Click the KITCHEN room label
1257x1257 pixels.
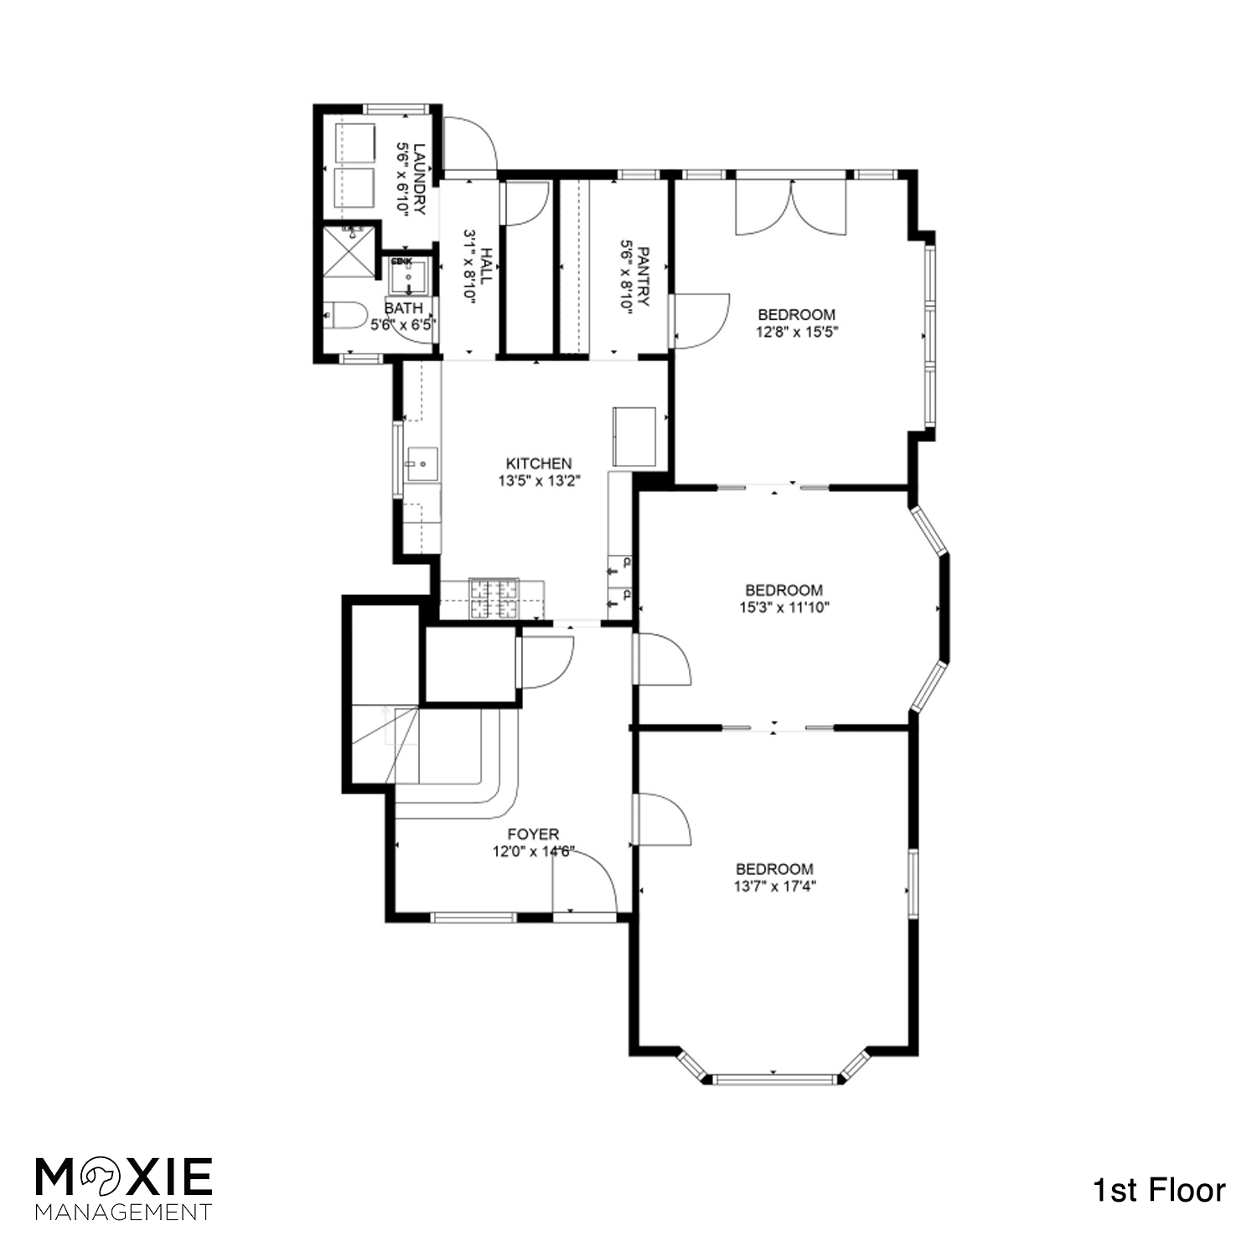[539, 463]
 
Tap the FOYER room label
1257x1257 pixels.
[533, 835]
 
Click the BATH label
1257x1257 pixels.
[404, 308]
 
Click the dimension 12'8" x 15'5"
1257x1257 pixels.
[797, 331]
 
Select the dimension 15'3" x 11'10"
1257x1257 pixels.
[784, 608]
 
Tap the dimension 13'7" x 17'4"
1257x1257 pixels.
[774, 887]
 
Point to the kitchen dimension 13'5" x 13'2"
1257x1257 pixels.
[539, 481]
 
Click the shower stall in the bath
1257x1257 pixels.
[350, 250]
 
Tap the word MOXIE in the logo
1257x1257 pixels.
[123, 1177]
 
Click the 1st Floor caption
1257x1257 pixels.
[1159, 1191]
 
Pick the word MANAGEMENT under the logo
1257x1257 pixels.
[123, 1212]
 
